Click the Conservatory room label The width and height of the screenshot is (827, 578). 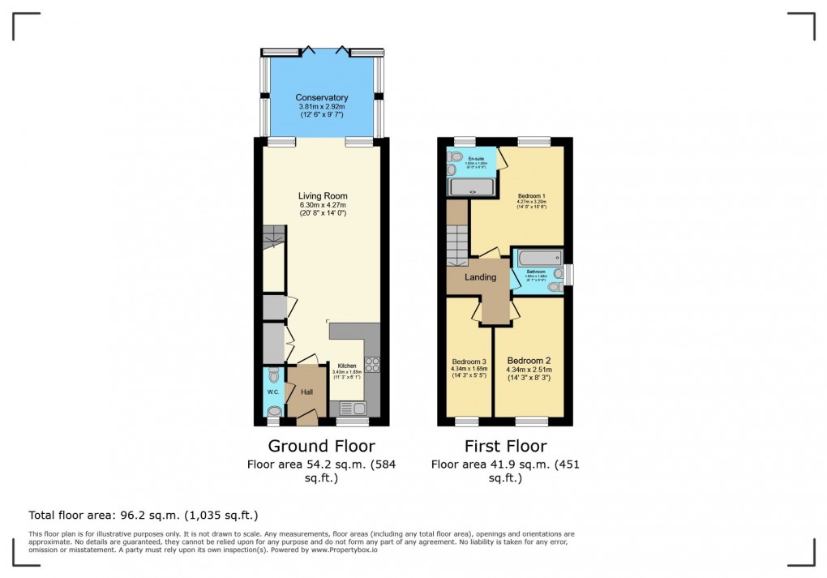[x=322, y=98]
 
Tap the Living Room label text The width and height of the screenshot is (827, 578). [x=322, y=196]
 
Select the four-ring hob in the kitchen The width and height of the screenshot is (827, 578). [x=372, y=365]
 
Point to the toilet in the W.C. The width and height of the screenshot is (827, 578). [x=273, y=375]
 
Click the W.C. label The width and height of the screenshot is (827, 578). [x=272, y=393]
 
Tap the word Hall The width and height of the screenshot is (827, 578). [x=306, y=392]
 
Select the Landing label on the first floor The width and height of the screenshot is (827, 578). [x=480, y=277]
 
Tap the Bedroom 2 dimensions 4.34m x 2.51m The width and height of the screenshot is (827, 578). [x=529, y=370]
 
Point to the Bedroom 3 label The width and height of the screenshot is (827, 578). [x=469, y=361]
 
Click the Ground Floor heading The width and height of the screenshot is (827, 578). [x=321, y=446]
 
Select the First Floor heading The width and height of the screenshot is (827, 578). [x=505, y=446]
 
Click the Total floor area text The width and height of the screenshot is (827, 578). [x=143, y=515]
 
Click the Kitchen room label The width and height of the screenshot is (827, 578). [x=346, y=366]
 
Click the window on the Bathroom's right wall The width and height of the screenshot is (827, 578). [x=568, y=275]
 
